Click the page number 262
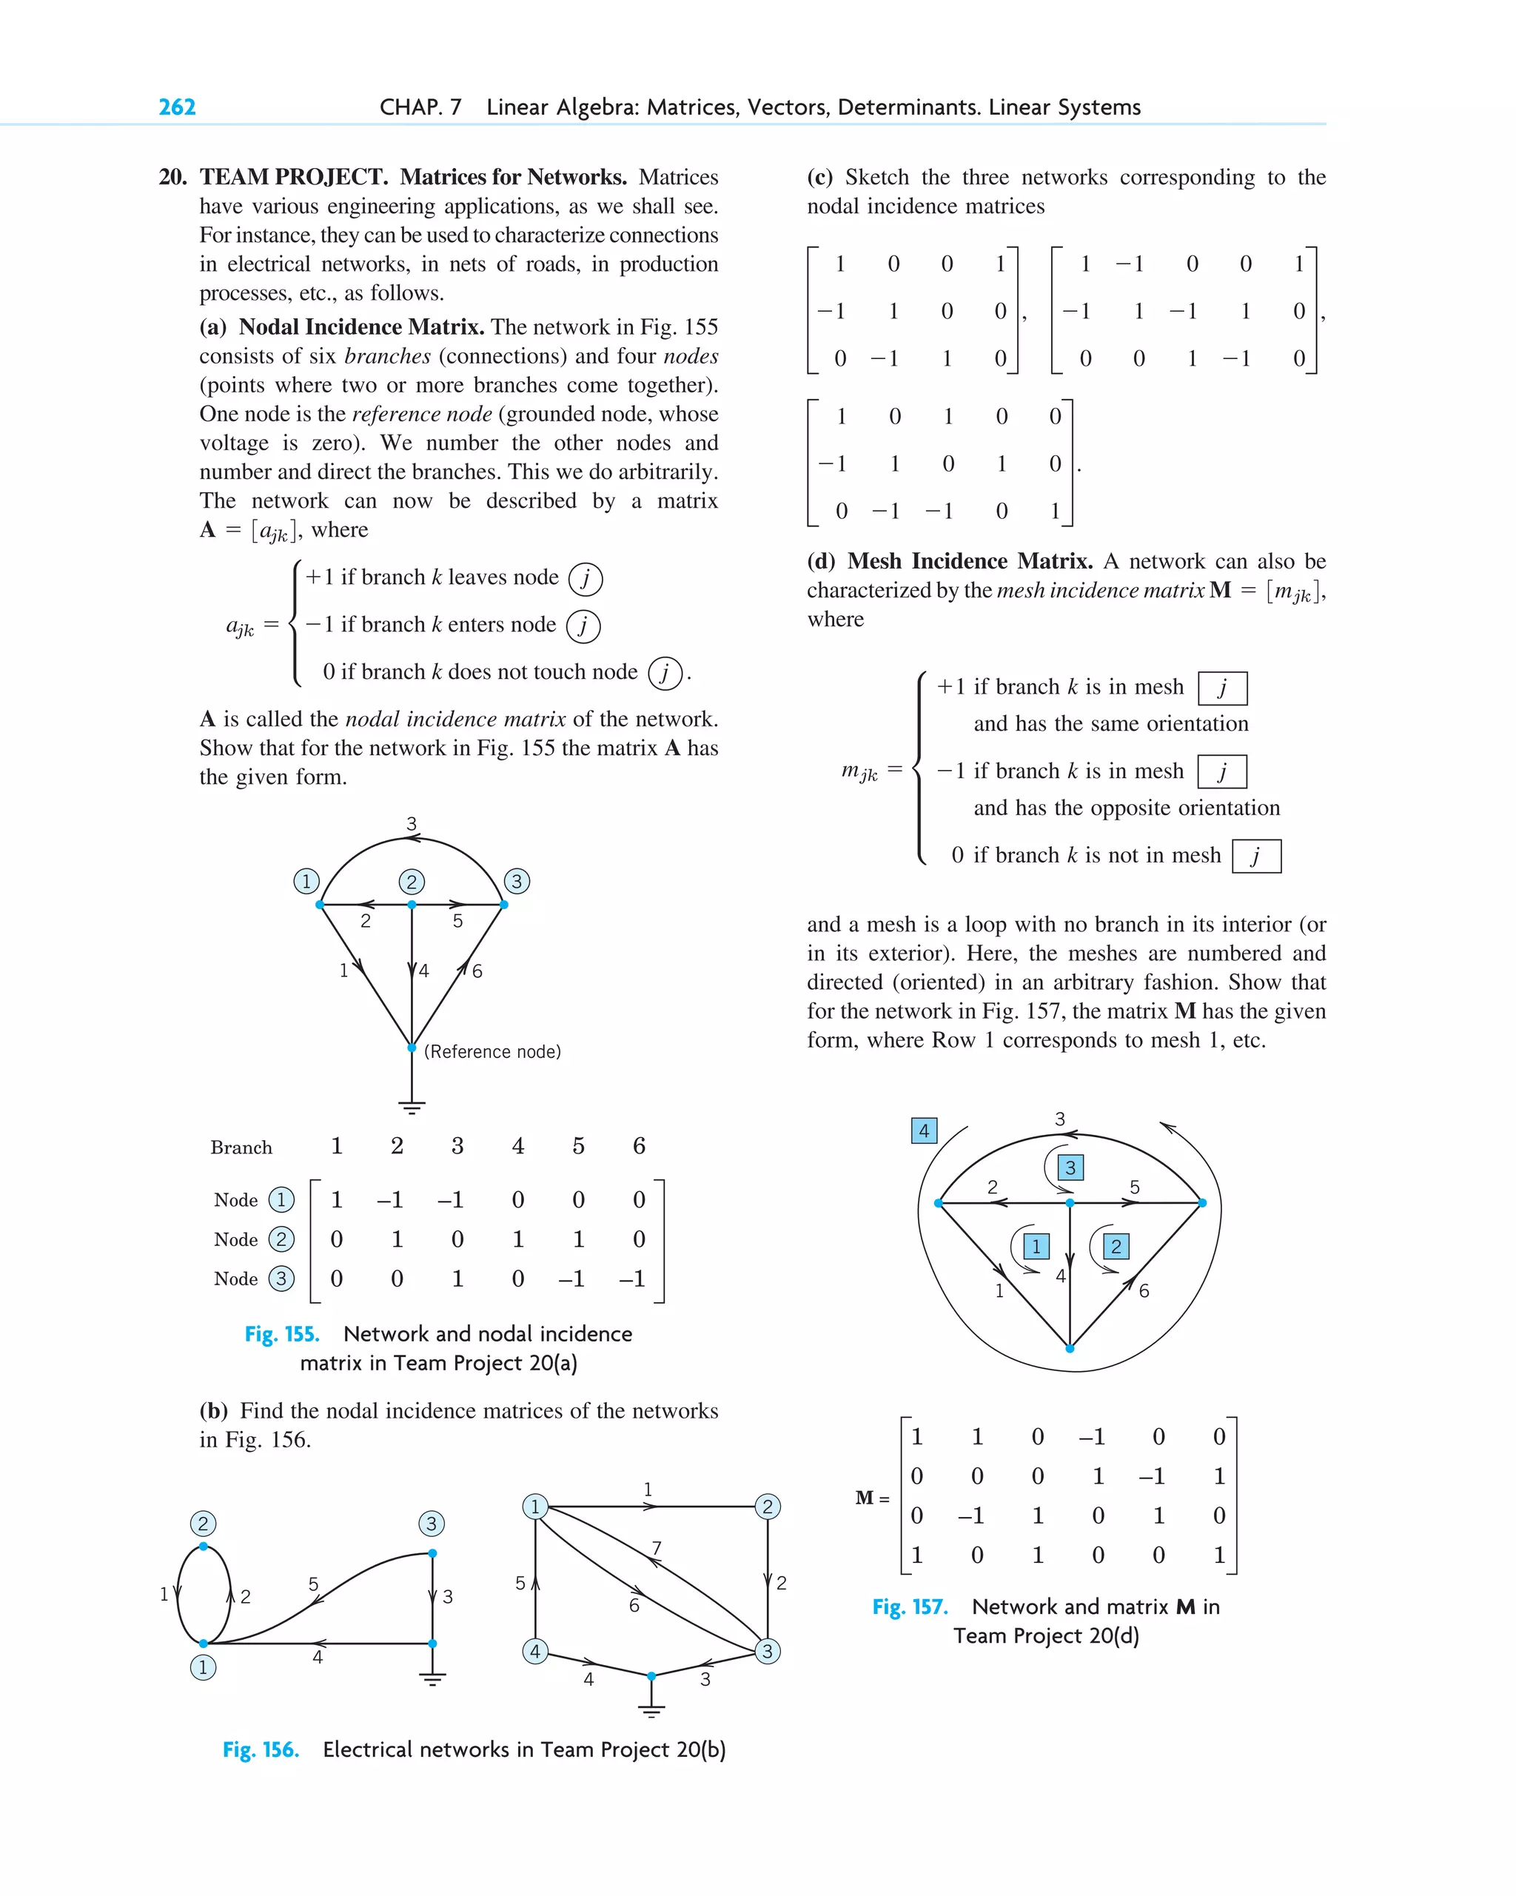click(x=177, y=107)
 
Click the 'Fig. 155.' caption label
click(x=281, y=1334)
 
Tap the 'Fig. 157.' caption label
click(x=909, y=1607)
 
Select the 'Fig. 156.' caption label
click(x=261, y=1749)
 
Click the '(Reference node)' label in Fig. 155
click(x=492, y=1052)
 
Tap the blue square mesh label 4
click(x=923, y=1131)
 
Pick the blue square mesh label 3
click(x=1070, y=1168)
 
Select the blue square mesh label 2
click(x=1116, y=1246)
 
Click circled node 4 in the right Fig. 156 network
click(x=534, y=1651)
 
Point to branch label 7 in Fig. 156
click(x=656, y=1548)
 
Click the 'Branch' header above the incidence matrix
click(x=241, y=1148)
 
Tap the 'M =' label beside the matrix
click(x=871, y=1498)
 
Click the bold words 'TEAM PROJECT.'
click(x=294, y=177)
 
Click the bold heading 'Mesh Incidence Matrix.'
click(x=970, y=561)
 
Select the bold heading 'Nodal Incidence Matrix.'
click(x=361, y=327)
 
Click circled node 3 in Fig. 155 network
click(x=516, y=881)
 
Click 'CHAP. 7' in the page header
click(x=420, y=107)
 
